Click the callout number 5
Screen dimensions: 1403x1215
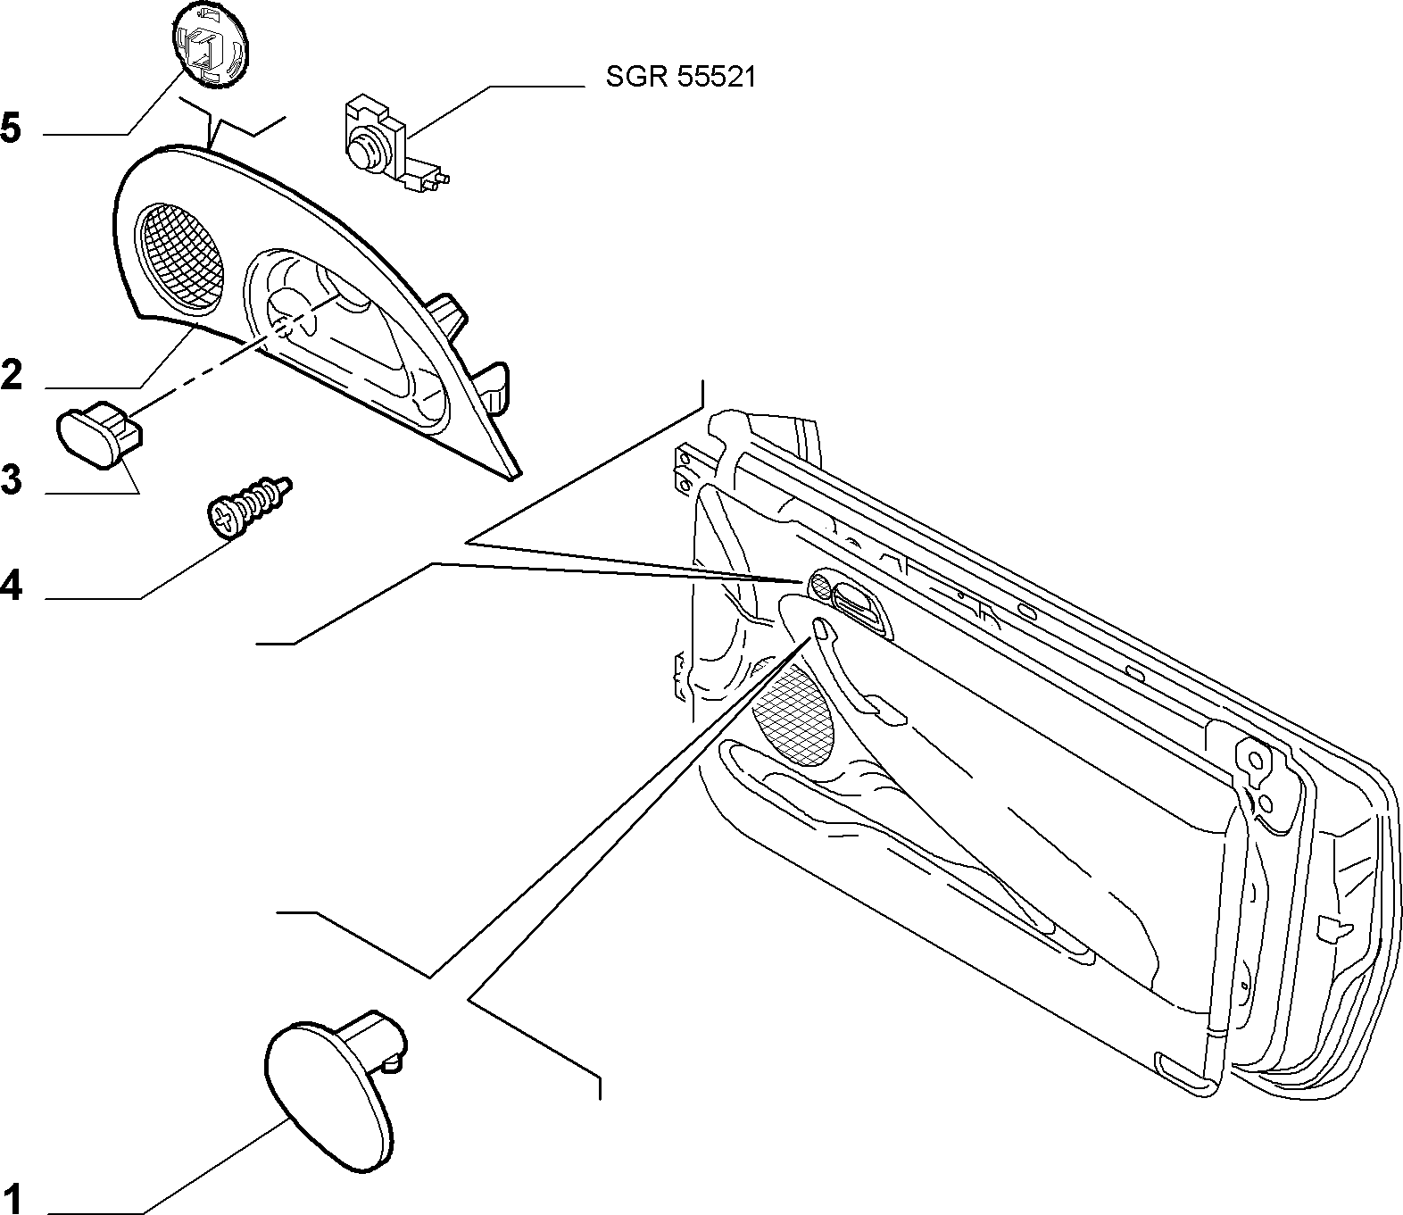pos(12,129)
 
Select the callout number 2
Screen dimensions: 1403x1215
pos(12,375)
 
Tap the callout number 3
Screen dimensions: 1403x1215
pos(12,480)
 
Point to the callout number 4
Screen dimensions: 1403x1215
pos(12,585)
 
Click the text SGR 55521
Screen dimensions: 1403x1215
pos(680,78)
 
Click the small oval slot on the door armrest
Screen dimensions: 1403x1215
pos(821,628)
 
